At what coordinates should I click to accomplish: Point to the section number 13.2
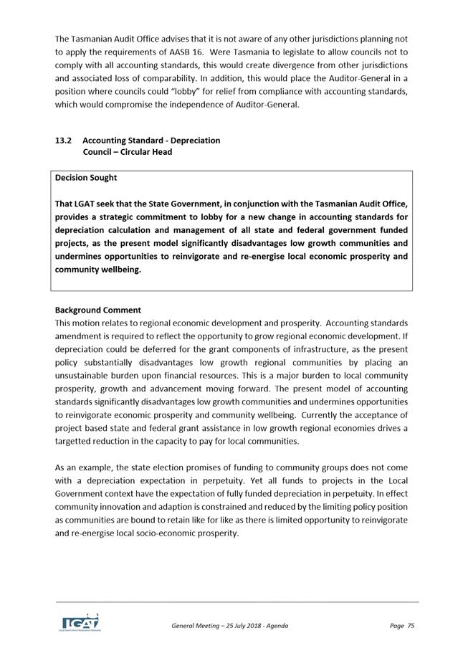[x=63, y=140]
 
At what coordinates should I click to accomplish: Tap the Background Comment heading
[x=97, y=310]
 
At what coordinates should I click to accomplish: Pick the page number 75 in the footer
[x=411, y=626]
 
